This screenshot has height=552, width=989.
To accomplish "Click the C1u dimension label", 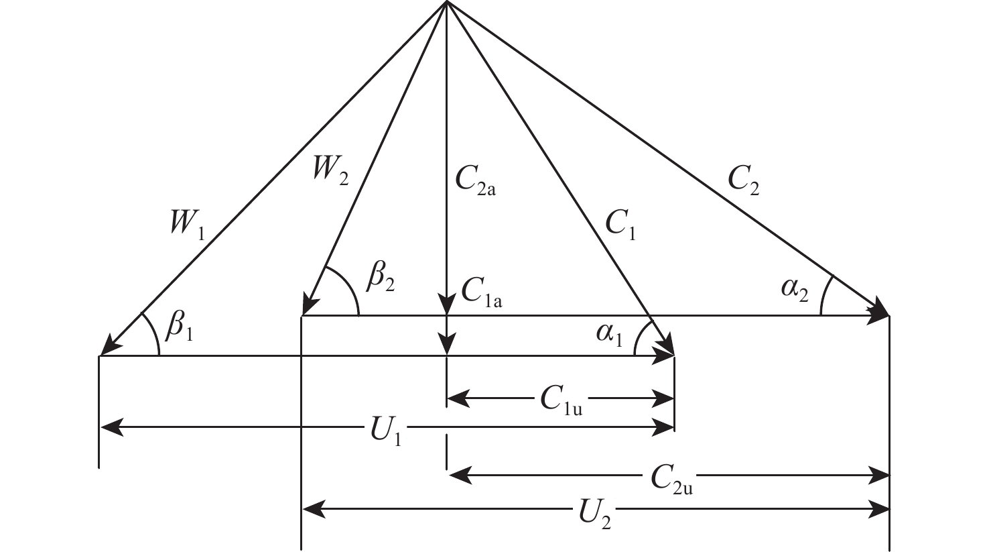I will (561, 400).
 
